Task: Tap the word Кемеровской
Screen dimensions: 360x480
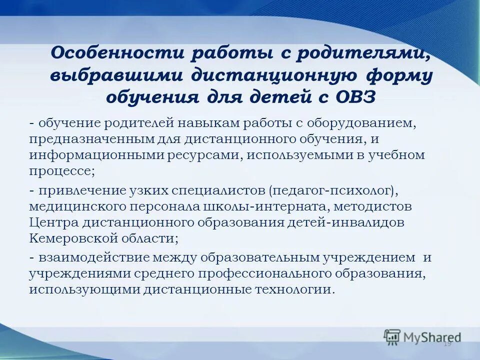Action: [x=68, y=238]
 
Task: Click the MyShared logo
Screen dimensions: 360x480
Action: [x=422, y=336]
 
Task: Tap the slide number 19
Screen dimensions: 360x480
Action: [x=447, y=343]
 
